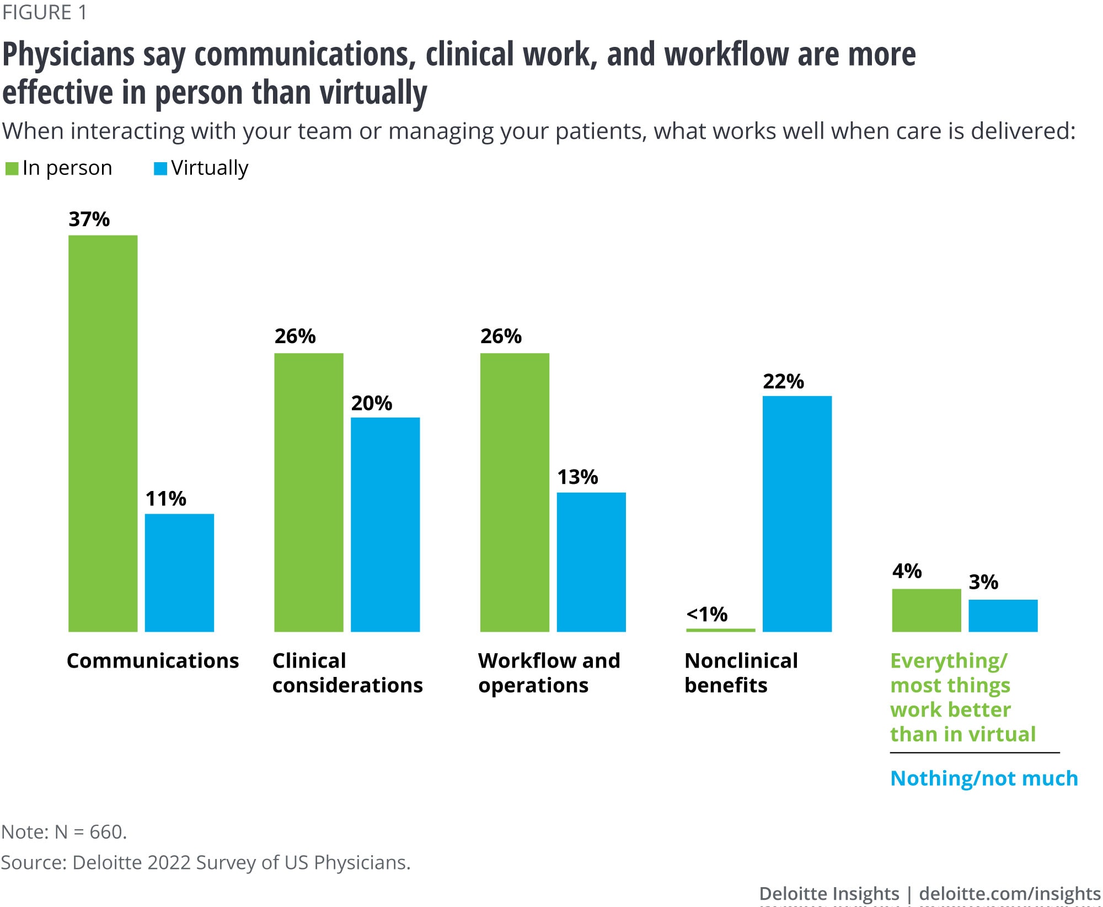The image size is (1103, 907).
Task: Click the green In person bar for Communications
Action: tap(103, 433)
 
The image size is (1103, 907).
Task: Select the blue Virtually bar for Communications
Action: tap(179, 572)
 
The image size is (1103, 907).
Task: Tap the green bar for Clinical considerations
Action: tap(308, 492)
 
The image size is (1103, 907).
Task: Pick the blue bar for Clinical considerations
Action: tap(385, 524)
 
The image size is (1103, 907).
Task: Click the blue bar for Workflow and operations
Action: tap(591, 562)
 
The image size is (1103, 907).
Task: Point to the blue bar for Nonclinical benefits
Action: tap(797, 514)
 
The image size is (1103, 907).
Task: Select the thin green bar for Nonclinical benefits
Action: tap(720, 629)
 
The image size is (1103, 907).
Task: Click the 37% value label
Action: tap(89, 219)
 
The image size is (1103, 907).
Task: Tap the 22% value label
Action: tap(783, 381)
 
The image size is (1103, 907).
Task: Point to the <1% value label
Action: tap(706, 613)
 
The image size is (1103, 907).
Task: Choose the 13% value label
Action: tap(577, 477)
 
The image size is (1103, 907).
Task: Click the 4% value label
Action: tap(907, 571)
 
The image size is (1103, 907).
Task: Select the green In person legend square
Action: tap(12, 168)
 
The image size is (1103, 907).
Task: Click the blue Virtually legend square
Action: tap(160, 168)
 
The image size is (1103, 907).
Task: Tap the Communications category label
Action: tap(153, 660)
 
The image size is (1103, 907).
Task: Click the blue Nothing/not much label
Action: tap(984, 778)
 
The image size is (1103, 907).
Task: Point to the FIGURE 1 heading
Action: tap(44, 12)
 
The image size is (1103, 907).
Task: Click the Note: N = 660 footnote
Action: tap(64, 831)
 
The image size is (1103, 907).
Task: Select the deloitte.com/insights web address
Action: tap(1009, 893)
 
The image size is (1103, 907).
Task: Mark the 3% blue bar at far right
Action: tap(1003, 615)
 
